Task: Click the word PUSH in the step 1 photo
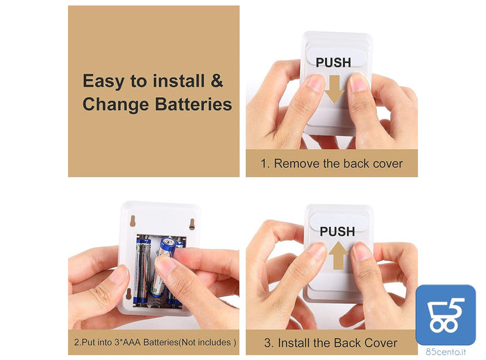[333, 62]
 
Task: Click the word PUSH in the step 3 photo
[337, 231]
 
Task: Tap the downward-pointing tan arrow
[335, 89]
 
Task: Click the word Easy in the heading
[103, 81]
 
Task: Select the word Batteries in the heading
[193, 104]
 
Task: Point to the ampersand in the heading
[217, 80]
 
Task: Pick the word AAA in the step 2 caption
[132, 343]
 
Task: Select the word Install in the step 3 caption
[294, 343]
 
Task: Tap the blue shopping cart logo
[446, 315]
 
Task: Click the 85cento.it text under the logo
[446, 352]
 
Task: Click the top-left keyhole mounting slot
[133, 221]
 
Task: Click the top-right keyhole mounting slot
[192, 224]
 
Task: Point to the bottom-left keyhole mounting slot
[128, 294]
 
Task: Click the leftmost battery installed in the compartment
[142, 270]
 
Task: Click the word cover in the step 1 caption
[387, 164]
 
